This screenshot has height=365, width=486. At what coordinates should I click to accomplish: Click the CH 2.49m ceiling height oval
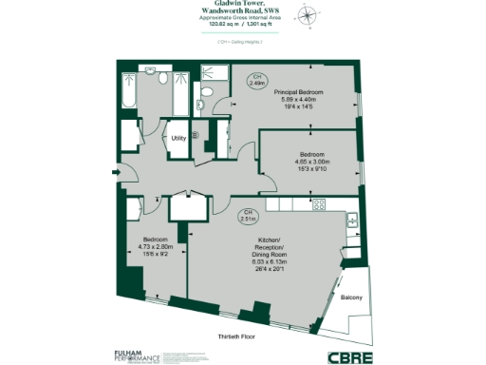pyautogui.click(x=256, y=80)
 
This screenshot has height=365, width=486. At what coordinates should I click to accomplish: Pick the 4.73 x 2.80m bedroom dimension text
pyautogui.click(x=156, y=245)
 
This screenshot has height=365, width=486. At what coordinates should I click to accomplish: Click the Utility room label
pyautogui.click(x=178, y=139)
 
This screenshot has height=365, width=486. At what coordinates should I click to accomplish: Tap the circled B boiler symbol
pyautogui.click(x=196, y=135)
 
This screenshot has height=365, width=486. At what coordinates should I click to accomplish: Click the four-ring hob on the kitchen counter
pyautogui.click(x=320, y=204)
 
